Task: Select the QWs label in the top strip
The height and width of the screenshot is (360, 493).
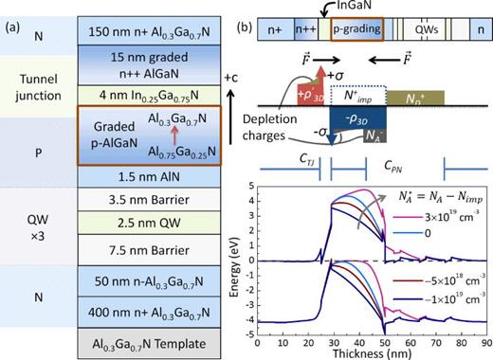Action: point(427,29)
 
